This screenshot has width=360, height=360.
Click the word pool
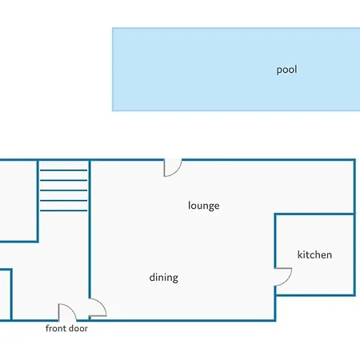click(286, 70)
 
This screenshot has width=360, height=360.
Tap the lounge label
click(204, 206)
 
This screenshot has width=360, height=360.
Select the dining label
click(164, 278)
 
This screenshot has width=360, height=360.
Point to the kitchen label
click(314, 254)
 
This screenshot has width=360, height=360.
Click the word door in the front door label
click(78, 328)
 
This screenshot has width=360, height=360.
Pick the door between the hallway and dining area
click(102, 305)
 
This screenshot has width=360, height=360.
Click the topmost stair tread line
click(63, 170)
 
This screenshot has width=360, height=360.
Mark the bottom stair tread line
click(63, 210)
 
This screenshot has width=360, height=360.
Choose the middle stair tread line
click(63, 190)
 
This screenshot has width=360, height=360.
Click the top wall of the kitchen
click(314, 214)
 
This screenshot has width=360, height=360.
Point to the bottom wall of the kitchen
click(314, 295)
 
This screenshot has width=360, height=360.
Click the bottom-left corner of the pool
click(113, 110)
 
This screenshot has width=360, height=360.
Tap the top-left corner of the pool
click(113, 28)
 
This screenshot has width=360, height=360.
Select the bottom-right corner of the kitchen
click(354, 295)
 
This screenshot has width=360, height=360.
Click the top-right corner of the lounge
click(354, 160)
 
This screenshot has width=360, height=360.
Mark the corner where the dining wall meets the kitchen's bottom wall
click(275, 295)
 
